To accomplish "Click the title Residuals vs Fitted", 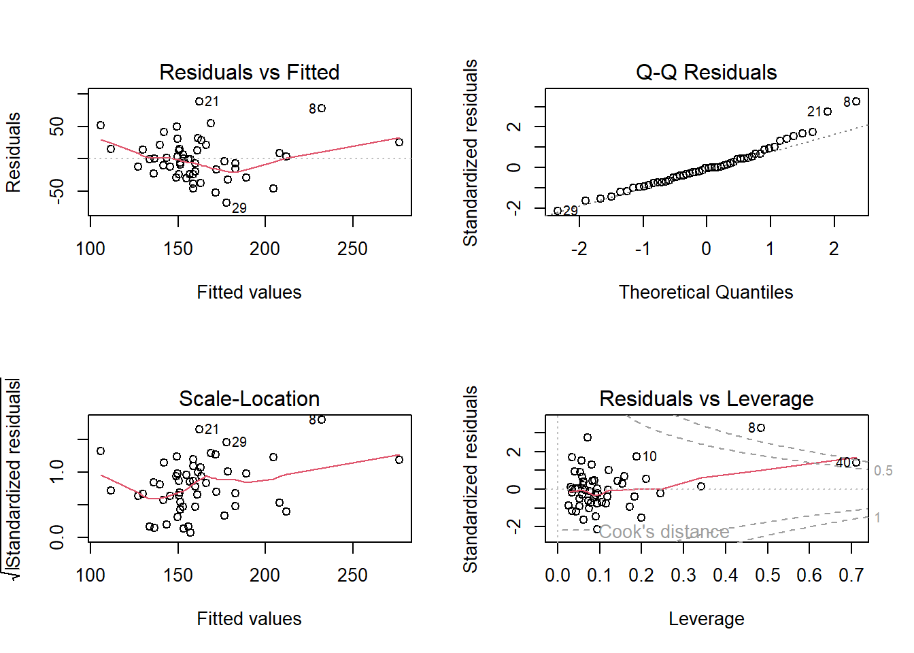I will (x=249, y=72).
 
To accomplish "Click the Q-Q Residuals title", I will (x=706, y=72).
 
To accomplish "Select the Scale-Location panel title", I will (x=249, y=399).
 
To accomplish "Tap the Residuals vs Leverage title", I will (x=706, y=399).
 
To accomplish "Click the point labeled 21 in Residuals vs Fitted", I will (x=199, y=101).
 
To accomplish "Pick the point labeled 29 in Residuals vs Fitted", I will (x=226, y=203).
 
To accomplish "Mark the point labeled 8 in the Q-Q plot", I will (x=856, y=101).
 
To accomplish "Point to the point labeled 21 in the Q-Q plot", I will (x=828, y=112).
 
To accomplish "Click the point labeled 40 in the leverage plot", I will (x=856, y=463).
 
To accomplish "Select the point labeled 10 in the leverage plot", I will (x=637, y=456).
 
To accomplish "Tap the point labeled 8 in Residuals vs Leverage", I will (x=761, y=428).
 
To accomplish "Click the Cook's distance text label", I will (x=664, y=531).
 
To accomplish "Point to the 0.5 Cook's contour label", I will (x=883, y=471).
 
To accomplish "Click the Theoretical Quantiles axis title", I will (x=706, y=292).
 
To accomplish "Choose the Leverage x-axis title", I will (x=706, y=619).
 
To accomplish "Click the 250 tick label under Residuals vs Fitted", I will (x=352, y=249).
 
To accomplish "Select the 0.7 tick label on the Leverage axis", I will (x=851, y=575).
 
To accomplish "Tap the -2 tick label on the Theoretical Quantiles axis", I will (x=579, y=249).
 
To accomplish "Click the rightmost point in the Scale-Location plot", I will (x=399, y=460).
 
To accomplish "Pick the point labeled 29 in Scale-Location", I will (x=226, y=442).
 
